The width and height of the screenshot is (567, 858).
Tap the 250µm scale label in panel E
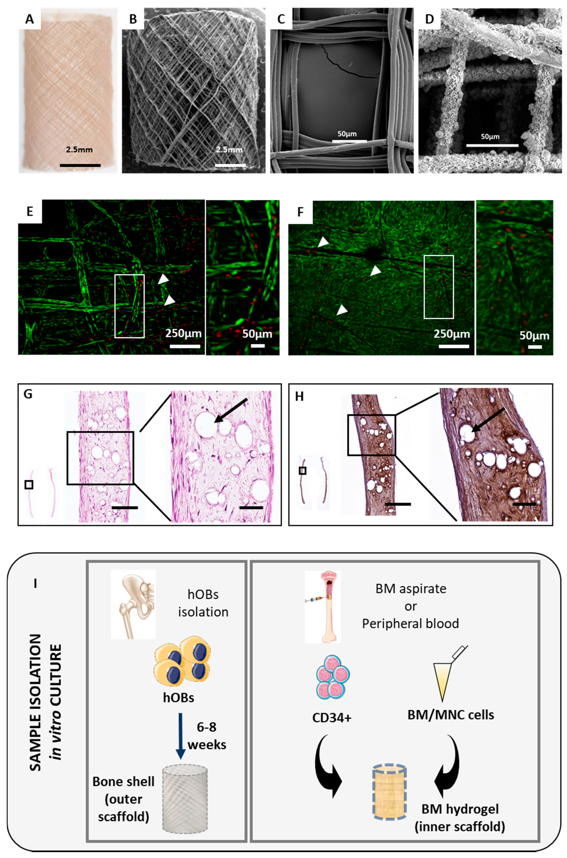click(x=183, y=333)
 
